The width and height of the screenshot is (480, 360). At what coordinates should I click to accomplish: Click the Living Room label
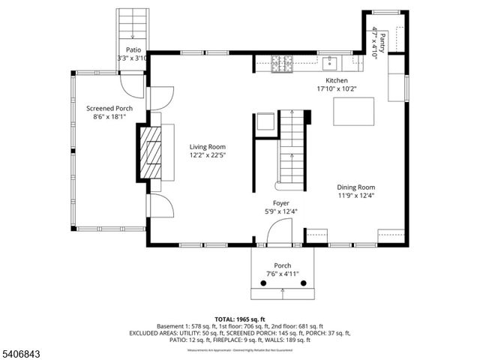coord(207,147)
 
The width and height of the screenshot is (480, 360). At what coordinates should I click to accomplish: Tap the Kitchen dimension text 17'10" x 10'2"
coord(336,88)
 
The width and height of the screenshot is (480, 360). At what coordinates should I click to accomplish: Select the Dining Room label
coord(355,187)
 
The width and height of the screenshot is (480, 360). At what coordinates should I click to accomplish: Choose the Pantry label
coord(382,37)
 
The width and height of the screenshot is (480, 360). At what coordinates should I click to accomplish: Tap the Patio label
coord(133,49)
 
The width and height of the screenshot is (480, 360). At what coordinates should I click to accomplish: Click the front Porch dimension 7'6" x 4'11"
coord(283,274)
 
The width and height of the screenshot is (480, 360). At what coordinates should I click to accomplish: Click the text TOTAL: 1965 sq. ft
coord(240,319)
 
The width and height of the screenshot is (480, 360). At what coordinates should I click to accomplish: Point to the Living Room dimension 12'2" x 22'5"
coord(207,156)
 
